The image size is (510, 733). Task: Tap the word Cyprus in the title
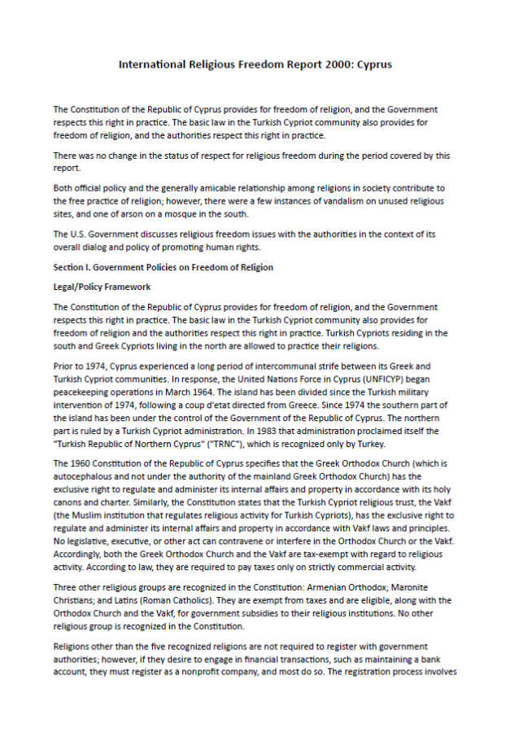click(375, 64)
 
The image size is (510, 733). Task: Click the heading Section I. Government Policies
click(163, 267)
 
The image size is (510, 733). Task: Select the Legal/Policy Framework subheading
click(102, 287)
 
